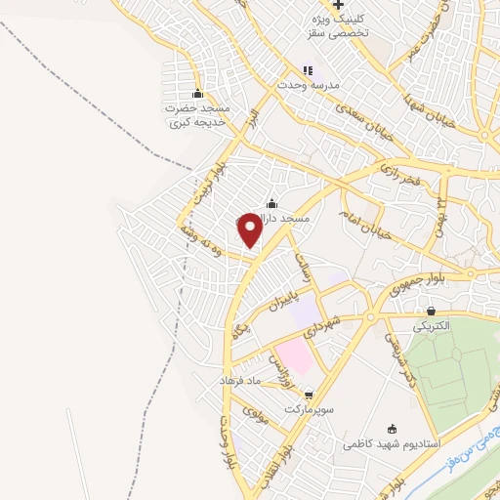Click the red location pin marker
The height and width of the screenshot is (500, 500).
(x=250, y=229)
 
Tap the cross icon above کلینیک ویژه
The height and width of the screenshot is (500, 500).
(x=338, y=6)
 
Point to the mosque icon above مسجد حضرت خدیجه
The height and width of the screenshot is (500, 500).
(x=198, y=94)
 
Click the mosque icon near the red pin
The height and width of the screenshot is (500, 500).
(x=271, y=203)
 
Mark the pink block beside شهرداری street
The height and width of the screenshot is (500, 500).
(x=294, y=355)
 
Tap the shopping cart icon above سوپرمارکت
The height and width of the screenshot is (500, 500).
(x=309, y=395)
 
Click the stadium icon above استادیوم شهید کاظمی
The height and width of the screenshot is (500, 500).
(x=393, y=428)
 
